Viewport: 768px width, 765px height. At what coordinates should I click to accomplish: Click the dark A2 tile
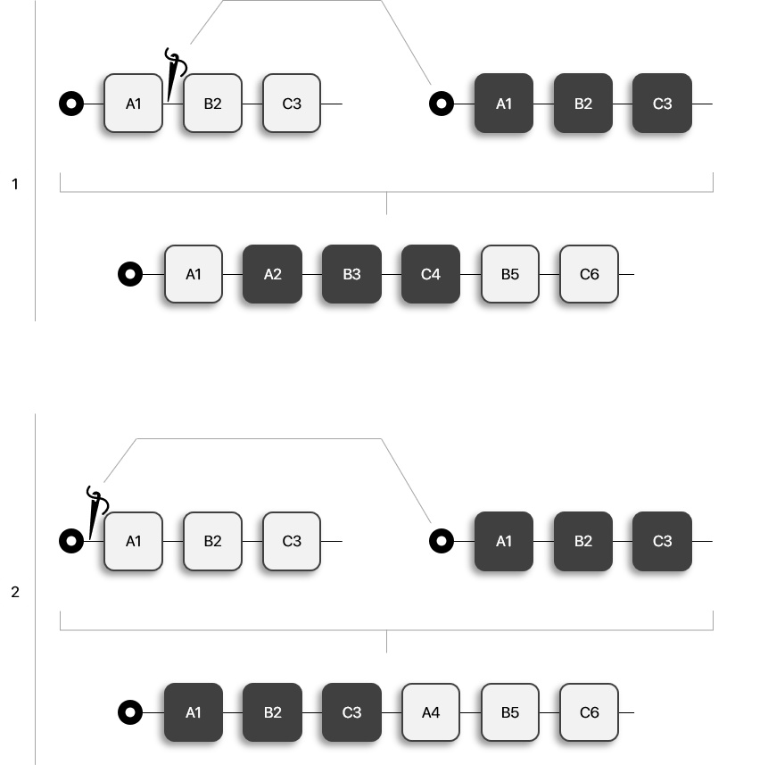coord(272,274)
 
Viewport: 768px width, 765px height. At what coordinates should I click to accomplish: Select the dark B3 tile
coord(351,274)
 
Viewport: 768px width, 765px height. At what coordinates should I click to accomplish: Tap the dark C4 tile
coord(431,274)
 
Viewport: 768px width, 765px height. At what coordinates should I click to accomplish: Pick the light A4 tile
coord(431,712)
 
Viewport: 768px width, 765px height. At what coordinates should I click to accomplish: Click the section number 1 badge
coord(15,185)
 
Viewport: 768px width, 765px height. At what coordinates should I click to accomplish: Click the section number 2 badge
coord(15,592)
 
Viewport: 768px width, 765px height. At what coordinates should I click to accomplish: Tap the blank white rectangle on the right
coord(726,237)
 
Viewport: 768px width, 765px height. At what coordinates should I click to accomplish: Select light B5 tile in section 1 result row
coord(510,274)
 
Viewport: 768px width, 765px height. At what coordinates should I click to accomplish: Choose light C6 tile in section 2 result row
coord(589,712)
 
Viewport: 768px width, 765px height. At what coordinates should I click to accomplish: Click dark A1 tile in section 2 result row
coord(194,712)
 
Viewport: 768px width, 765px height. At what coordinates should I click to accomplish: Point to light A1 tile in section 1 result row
coord(194,274)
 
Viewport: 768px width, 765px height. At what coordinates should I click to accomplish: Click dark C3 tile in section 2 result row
coord(351,712)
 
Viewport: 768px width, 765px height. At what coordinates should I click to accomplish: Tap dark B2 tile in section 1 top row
coord(583,104)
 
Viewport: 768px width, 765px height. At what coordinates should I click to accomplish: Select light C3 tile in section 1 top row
coord(292,104)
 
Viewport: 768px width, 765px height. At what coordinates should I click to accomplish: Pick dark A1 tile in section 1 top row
coord(504,104)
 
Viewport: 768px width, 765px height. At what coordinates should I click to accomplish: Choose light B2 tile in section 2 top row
coord(212,541)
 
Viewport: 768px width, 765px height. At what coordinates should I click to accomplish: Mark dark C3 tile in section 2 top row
coord(662,541)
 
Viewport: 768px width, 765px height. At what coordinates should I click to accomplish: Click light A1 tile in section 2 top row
coord(133,541)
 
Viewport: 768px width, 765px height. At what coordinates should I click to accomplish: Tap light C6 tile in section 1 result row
coord(589,274)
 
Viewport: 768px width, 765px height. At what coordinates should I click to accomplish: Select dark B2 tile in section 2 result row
coord(272,712)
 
